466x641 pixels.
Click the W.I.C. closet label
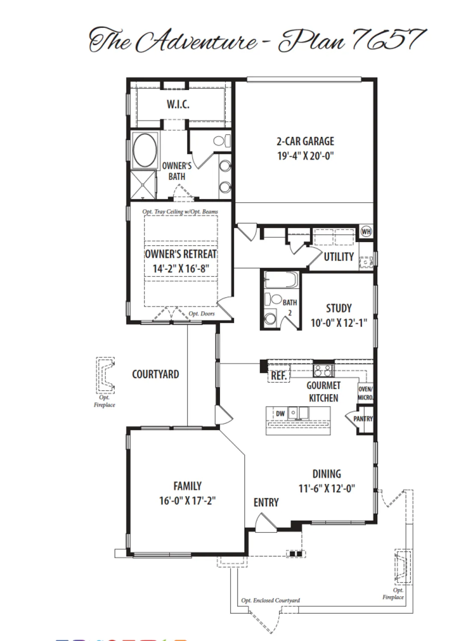(x=178, y=104)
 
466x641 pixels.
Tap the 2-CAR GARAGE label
(x=305, y=141)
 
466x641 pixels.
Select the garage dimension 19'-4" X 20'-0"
(x=305, y=156)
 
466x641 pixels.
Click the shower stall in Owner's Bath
(x=143, y=184)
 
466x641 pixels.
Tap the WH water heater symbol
(x=366, y=232)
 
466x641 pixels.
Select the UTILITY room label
(x=338, y=257)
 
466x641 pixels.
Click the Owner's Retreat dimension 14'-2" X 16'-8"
(x=181, y=269)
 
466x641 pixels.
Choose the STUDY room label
(x=339, y=308)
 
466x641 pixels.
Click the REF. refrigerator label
(x=279, y=376)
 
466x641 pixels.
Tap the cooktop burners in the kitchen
(x=323, y=370)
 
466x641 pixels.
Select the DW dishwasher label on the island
(x=280, y=414)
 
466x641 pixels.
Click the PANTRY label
(x=363, y=419)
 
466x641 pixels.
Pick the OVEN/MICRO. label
(x=365, y=393)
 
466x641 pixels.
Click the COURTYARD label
(x=155, y=374)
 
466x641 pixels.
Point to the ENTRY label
(x=266, y=503)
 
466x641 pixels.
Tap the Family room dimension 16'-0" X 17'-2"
(x=187, y=500)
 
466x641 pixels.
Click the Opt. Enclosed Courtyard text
(x=270, y=600)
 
